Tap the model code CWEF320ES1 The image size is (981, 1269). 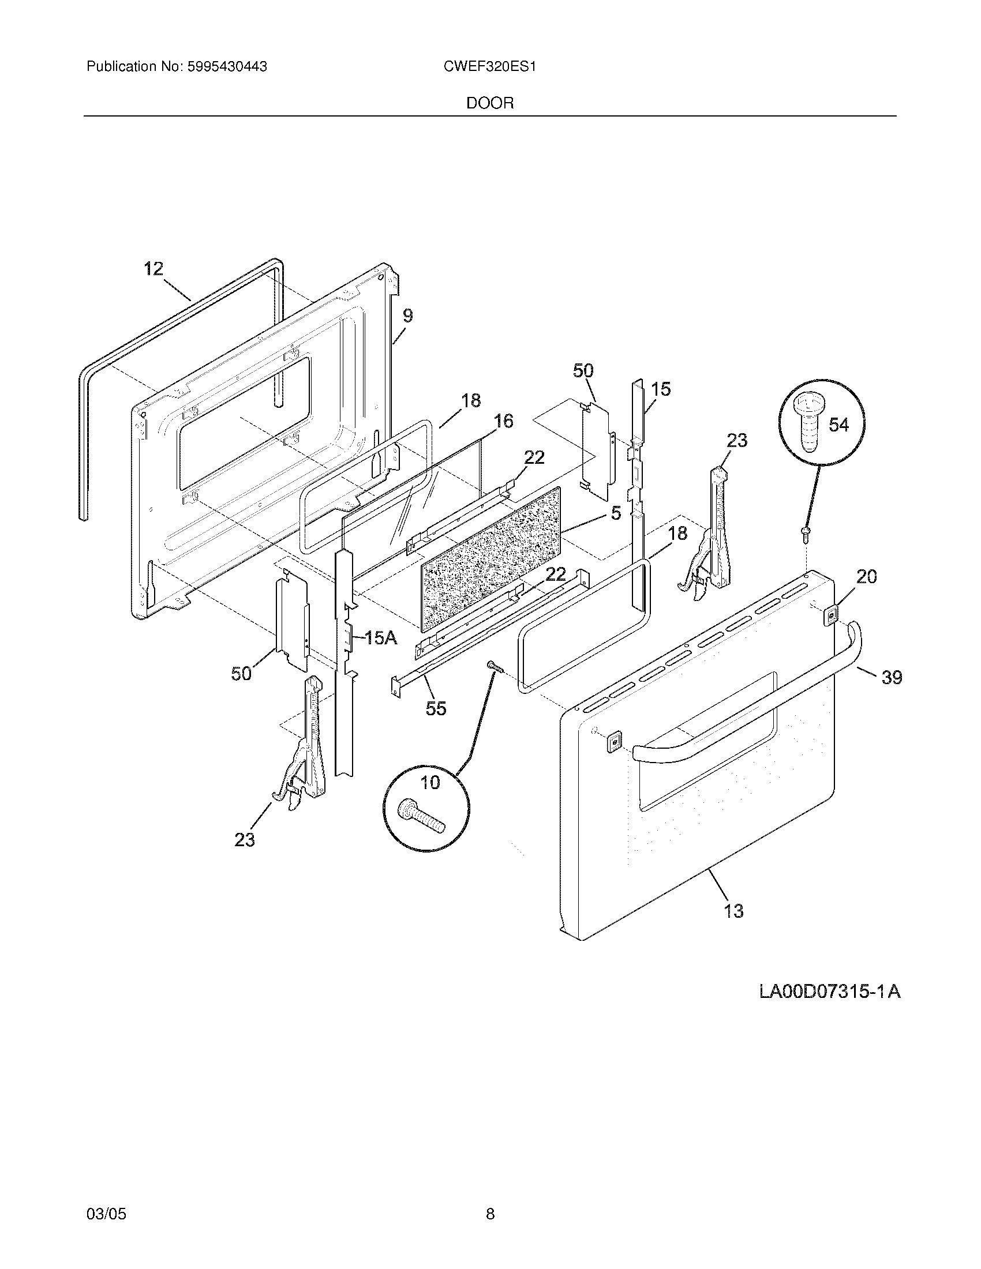pos(489,67)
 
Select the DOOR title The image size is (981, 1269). pos(490,103)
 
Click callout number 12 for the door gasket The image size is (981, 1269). pos(154,269)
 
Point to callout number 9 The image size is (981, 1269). pos(408,316)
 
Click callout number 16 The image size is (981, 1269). pos(503,421)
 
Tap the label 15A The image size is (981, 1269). pos(380,638)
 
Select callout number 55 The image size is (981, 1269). pos(436,708)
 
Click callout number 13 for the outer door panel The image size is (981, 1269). pos(733,910)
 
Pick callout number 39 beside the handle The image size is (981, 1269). pos(892,677)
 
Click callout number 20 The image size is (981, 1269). pos(866,577)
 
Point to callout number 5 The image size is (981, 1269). pos(616,512)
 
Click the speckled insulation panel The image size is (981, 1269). pos(491,558)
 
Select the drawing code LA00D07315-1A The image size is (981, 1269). pos(830,990)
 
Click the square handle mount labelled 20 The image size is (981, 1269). pos(832,614)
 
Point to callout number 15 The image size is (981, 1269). pos(661,389)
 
